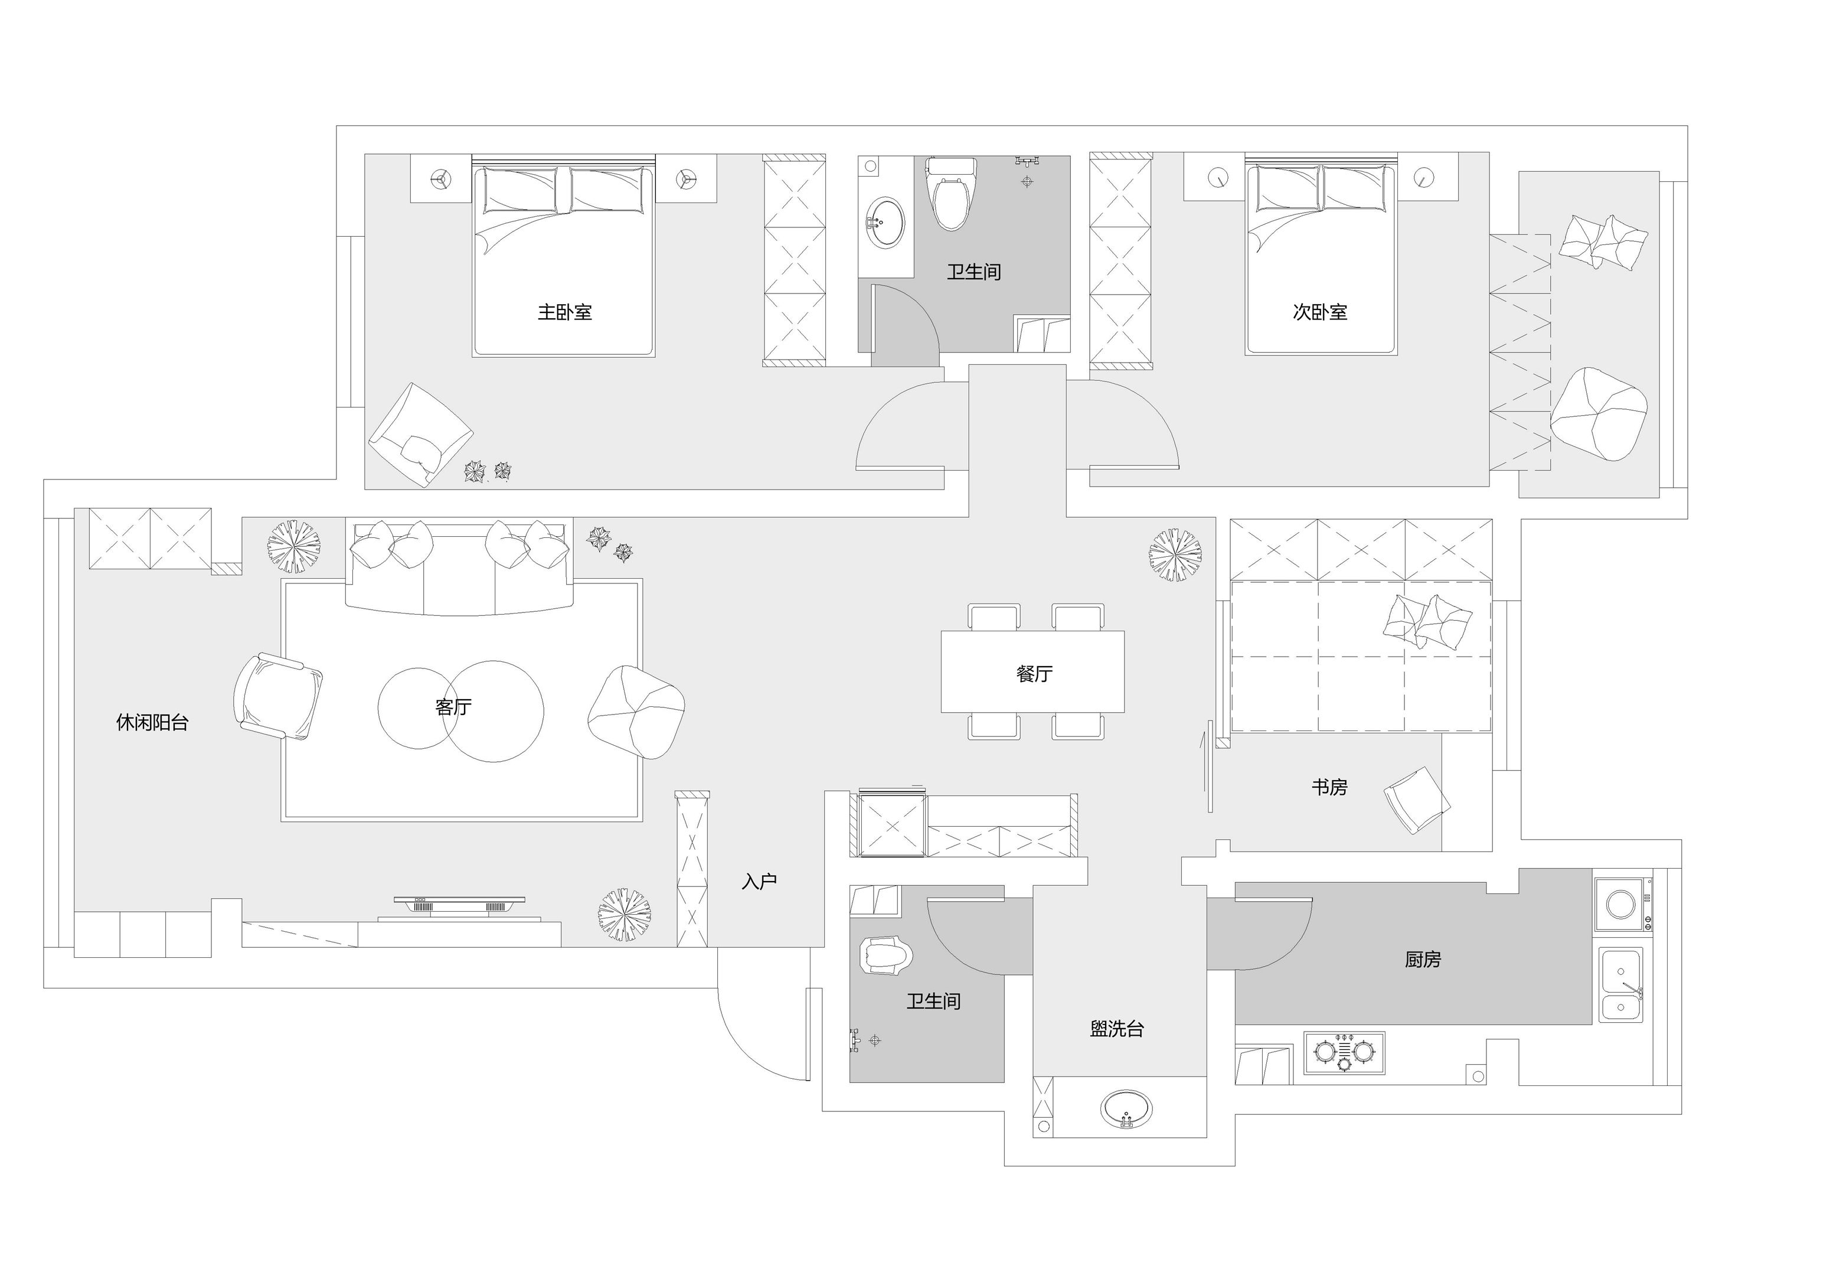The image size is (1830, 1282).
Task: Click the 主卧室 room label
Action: click(x=564, y=312)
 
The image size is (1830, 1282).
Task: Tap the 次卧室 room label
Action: click(x=1320, y=312)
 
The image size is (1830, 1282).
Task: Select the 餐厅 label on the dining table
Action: click(x=1035, y=674)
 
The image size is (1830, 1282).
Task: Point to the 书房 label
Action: click(x=1329, y=787)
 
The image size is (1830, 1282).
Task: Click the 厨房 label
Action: click(x=1423, y=959)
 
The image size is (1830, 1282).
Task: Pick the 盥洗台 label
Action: click(x=1117, y=1029)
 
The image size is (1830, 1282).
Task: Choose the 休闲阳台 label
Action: click(x=152, y=722)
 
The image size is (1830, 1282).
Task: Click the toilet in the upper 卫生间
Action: click(x=951, y=193)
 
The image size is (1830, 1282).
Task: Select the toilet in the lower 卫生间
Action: click(x=885, y=955)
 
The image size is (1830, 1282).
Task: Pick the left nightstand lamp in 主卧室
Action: click(x=440, y=180)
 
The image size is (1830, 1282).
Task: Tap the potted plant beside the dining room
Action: click(x=1176, y=556)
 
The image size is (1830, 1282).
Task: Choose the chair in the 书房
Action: click(x=1416, y=801)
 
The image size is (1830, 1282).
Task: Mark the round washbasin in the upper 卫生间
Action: click(x=885, y=223)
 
